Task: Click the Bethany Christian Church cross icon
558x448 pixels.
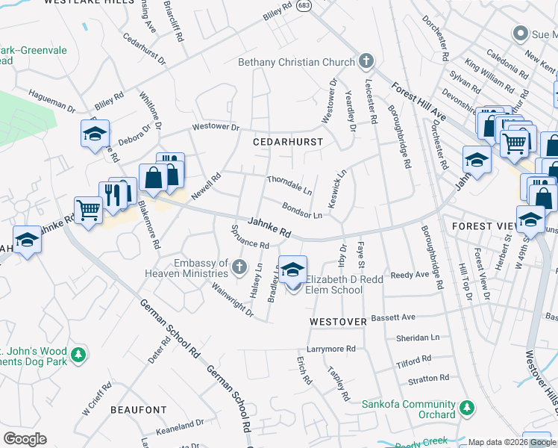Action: pos(366,60)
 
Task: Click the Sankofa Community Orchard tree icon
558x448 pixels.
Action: pos(466,408)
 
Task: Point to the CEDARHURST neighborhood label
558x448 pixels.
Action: pos(288,141)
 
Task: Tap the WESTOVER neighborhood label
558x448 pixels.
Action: pos(339,322)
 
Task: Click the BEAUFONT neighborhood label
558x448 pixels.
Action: pos(139,410)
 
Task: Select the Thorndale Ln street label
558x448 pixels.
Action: pos(289,184)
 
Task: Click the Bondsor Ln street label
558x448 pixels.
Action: pos(301,211)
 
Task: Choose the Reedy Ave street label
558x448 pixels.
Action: pos(410,275)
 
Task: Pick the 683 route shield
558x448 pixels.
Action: pos(311,4)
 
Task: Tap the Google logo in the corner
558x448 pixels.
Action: pos(25,439)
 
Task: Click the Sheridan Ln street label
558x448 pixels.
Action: pos(418,337)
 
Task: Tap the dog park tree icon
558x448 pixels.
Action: pos(76,353)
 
